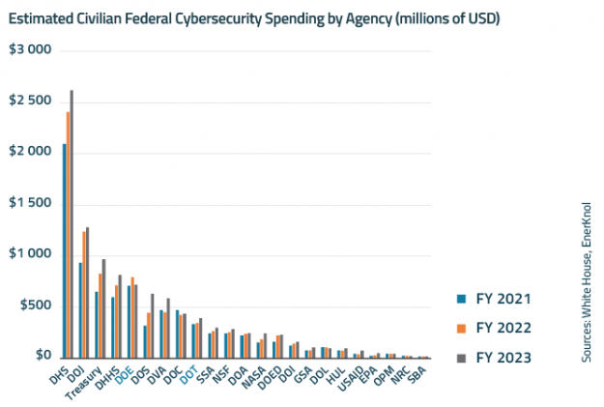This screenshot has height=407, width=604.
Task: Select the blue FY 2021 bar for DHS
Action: tap(64, 251)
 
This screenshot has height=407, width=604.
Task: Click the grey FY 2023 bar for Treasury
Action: tap(103, 308)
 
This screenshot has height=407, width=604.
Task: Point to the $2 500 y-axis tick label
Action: tap(30, 101)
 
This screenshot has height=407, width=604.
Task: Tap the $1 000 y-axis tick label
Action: tap(30, 254)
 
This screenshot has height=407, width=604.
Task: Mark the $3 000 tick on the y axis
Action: tap(30, 49)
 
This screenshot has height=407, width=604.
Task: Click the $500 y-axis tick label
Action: tap(35, 305)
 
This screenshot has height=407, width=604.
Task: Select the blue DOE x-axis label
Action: tap(124, 376)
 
